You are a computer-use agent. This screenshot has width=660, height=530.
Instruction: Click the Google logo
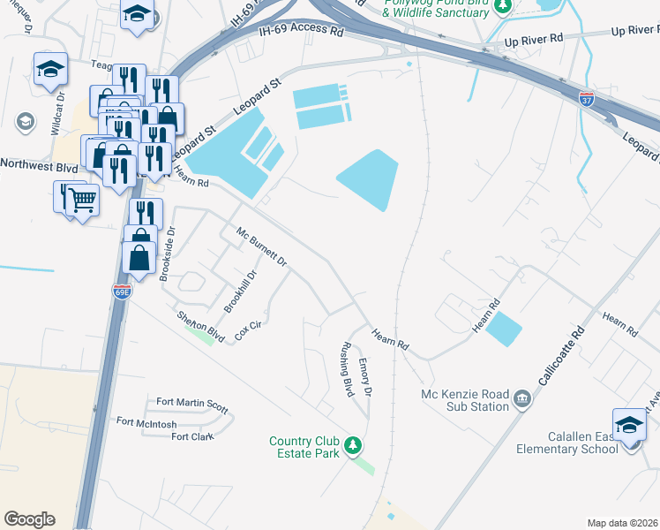tap(30, 519)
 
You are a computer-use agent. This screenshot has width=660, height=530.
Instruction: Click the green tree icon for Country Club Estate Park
tap(353, 444)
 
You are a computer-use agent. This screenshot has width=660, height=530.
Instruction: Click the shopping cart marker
tap(83, 201)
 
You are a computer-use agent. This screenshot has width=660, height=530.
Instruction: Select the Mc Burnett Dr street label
tap(262, 247)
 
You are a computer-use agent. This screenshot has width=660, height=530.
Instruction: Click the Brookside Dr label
tap(167, 254)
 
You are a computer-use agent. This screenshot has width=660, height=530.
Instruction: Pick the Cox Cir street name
tap(249, 330)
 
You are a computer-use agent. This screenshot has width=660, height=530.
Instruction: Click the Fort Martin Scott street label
tap(192, 405)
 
